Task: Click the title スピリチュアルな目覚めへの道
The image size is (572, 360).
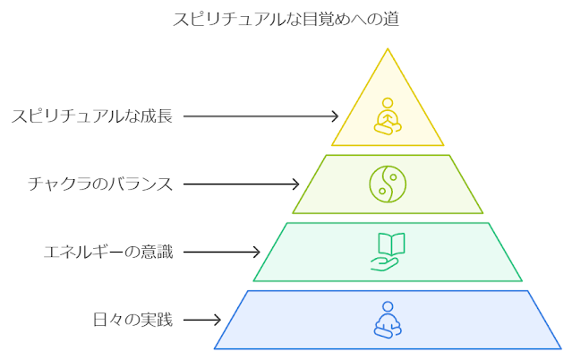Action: (x=286, y=19)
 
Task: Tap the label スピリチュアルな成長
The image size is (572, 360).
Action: (x=91, y=116)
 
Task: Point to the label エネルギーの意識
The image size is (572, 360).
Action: (x=108, y=252)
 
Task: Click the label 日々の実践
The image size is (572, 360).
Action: (x=132, y=320)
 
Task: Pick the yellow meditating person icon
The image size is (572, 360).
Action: (x=387, y=116)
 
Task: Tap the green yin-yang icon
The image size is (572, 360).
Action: (x=387, y=184)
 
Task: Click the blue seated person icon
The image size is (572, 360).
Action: (x=387, y=320)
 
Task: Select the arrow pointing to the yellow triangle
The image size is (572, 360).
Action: (x=260, y=116)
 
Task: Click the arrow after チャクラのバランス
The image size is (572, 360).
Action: (x=242, y=184)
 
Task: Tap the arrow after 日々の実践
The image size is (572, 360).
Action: (x=202, y=320)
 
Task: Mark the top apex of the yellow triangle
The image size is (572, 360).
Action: (x=388, y=49)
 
